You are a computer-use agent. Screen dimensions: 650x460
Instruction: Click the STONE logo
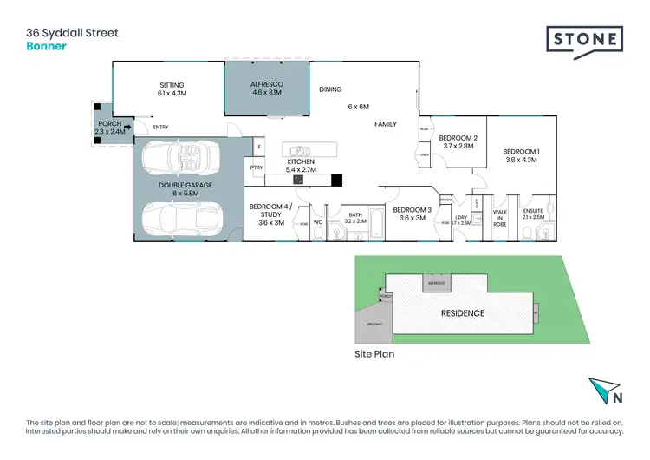click(x=583, y=39)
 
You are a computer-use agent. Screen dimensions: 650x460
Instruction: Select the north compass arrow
click(x=603, y=391)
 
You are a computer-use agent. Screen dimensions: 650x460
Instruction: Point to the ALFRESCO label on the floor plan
click(x=267, y=85)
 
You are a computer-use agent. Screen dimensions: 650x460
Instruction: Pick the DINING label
click(x=330, y=89)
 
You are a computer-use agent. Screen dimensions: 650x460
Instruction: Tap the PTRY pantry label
click(x=256, y=168)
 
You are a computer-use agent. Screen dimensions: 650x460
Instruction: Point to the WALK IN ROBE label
click(x=500, y=217)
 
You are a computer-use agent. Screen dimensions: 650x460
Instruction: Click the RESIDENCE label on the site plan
click(x=463, y=312)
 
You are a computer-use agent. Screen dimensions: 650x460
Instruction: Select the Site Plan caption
click(x=375, y=354)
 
